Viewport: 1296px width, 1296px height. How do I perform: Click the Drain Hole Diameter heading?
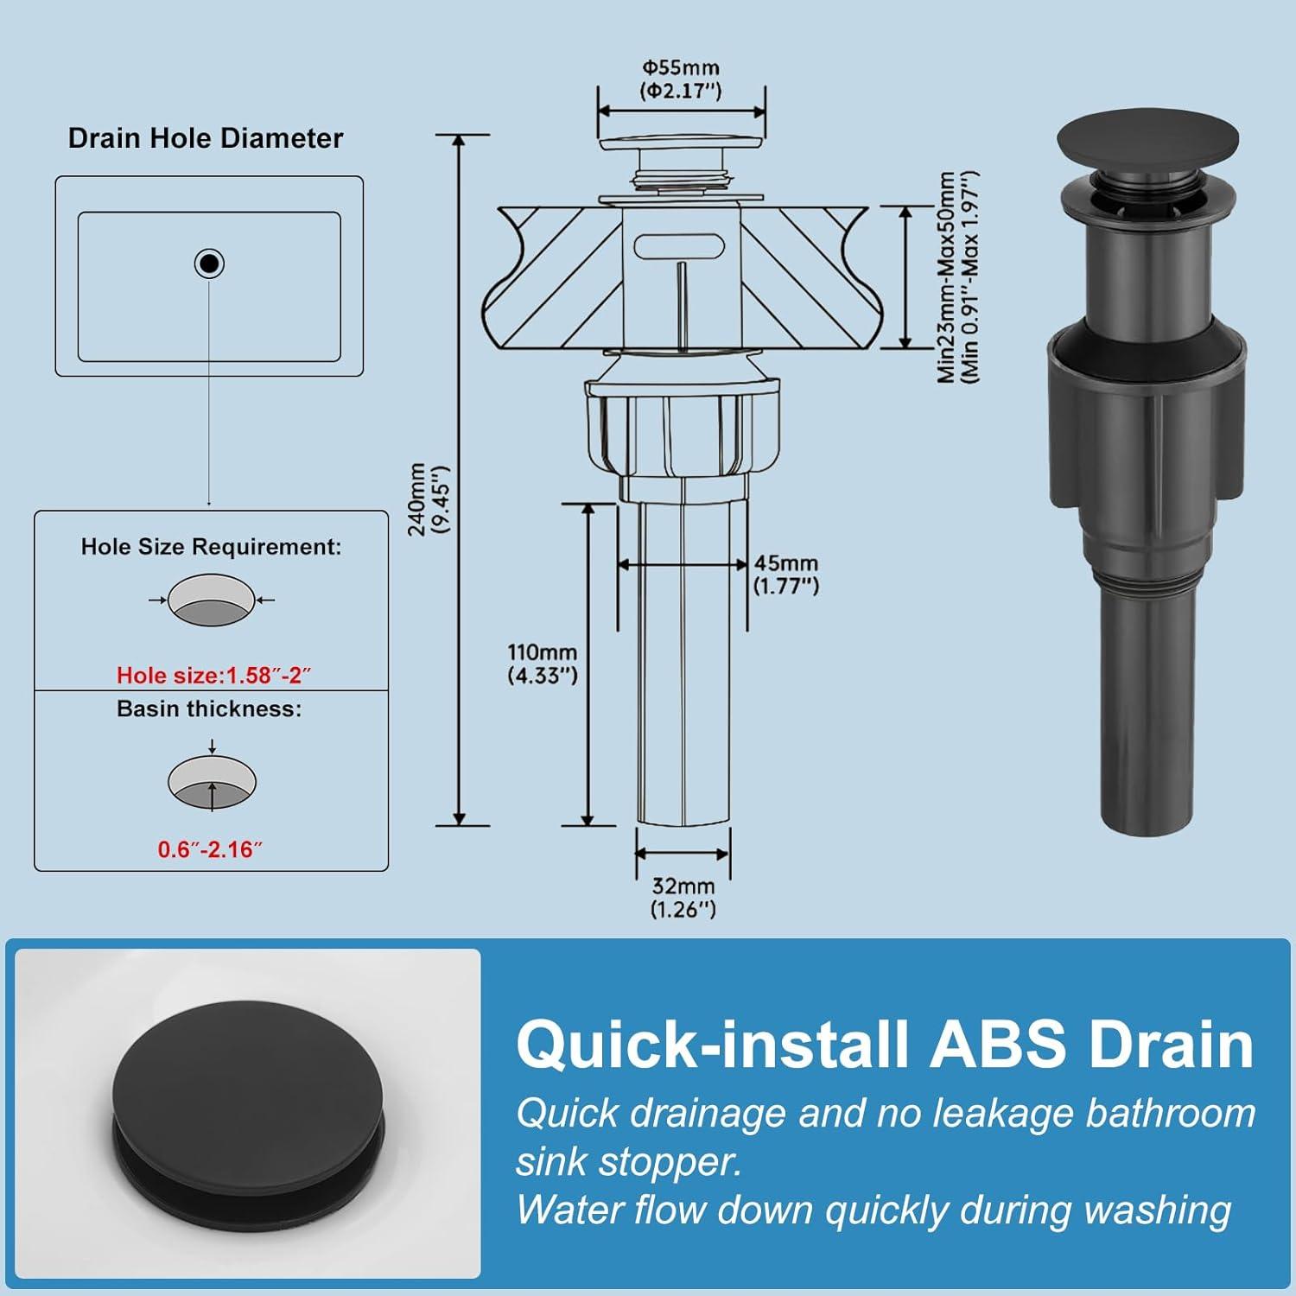206,138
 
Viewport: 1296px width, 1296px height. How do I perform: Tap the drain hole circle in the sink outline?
209,263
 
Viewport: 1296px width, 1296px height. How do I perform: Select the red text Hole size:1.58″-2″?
213,676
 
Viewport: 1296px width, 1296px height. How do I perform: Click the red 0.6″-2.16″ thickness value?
210,850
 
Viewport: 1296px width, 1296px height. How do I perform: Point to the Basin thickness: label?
210,709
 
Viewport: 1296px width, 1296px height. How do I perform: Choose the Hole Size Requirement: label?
211,547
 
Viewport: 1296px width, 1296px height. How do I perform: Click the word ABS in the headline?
997,1045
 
